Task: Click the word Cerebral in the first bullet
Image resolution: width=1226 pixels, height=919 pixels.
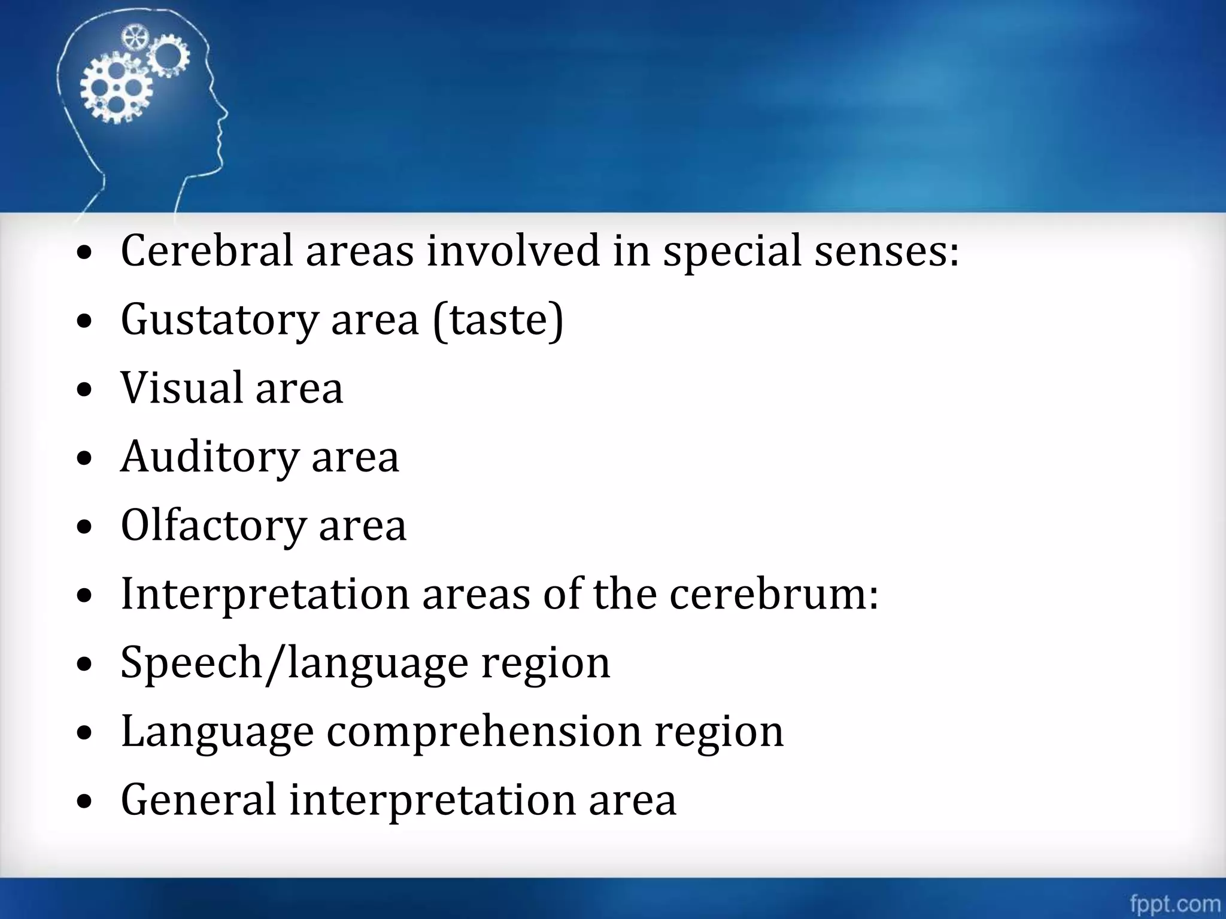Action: pyautogui.click(x=207, y=251)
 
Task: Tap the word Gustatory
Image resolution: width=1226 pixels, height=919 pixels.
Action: pyautogui.click(x=219, y=320)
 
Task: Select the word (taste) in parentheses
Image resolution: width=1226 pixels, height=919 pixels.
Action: pyautogui.click(x=498, y=320)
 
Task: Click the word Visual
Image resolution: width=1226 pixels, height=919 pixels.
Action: pyautogui.click(x=181, y=388)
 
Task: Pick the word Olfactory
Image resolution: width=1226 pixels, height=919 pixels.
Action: pyautogui.click(x=214, y=526)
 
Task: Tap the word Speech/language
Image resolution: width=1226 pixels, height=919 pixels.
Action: pyautogui.click(x=294, y=663)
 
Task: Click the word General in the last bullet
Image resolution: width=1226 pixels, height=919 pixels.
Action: pyautogui.click(x=198, y=800)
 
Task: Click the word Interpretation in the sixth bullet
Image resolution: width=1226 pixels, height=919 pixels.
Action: pyautogui.click(x=265, y=594)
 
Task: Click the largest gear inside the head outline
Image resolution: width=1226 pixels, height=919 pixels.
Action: pyautogui.click(x=116, y=90)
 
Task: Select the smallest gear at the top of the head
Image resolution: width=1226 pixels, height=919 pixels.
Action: pyautogui.click(x=135, y=38)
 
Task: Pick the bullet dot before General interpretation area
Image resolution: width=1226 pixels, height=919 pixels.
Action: pyautogui.click(x=85, y=802)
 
